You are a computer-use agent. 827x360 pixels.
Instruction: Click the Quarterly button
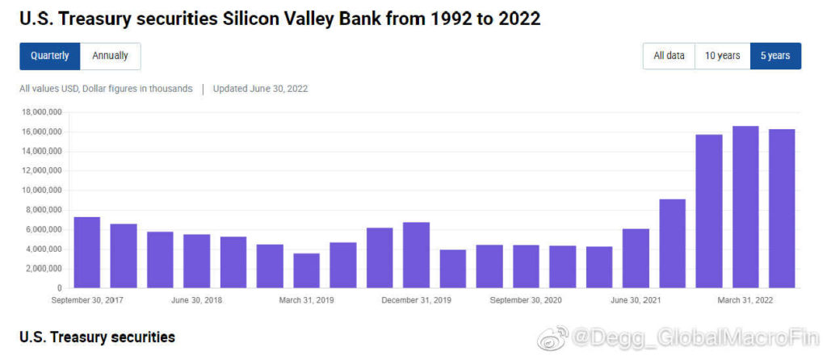(50, 56)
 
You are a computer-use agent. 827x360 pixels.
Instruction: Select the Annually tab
(111, 56)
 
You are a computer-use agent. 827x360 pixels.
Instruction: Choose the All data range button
(669, 56)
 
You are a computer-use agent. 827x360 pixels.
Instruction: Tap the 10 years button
(722, 56)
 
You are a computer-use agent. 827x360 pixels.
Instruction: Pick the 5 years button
(775, 56)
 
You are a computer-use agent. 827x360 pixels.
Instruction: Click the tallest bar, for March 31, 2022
(745, 207)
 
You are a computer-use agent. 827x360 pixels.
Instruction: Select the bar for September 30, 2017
(86, 252)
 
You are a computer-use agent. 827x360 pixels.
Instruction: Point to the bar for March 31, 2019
(306, 270)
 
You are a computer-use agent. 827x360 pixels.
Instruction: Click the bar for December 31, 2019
(416, 254)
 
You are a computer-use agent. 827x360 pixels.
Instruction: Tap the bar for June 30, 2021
(636, 258)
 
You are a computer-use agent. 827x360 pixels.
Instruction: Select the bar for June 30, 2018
(196, 261)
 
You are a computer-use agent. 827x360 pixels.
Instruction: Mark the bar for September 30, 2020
(526, 266)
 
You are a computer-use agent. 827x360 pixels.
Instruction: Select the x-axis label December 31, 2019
(416, 300)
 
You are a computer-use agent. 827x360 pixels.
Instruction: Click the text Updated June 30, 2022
(260, 89)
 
